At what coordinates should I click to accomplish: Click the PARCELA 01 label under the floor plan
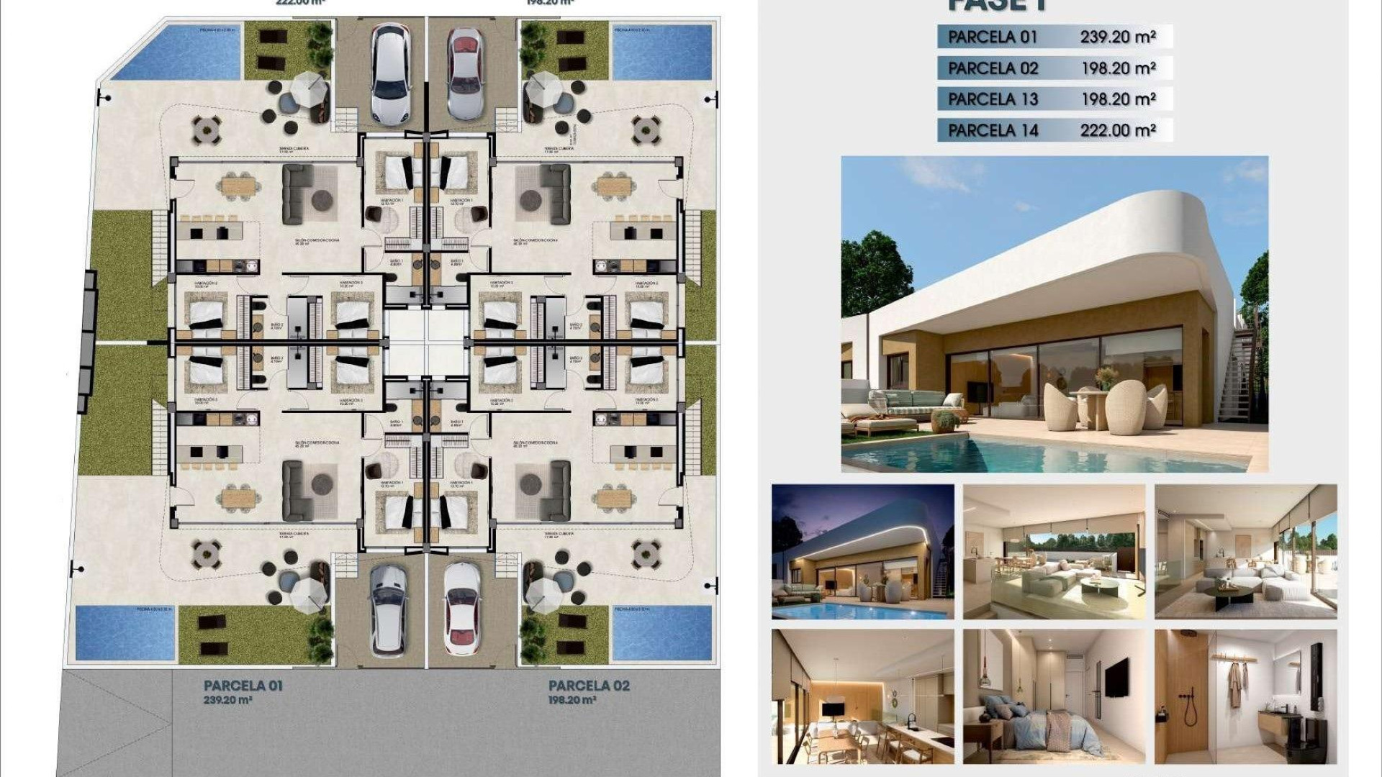coord(243,686)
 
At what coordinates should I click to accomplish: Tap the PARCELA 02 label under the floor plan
coord(589,686)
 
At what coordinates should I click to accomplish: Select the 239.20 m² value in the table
coord(1117,37)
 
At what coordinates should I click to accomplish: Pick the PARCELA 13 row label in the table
coord(993,99)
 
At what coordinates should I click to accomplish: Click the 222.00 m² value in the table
coord(1117,130)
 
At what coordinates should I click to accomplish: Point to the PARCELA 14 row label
coord(993,130)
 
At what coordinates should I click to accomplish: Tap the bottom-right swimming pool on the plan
coord(661,633)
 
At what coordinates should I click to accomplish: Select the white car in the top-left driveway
coord(391,74)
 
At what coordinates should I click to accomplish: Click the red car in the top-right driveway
coord(465,74)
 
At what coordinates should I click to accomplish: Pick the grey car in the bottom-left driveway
coord(389,609)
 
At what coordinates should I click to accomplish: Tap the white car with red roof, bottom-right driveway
coord(462,609)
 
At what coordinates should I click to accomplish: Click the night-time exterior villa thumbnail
coord(862,551)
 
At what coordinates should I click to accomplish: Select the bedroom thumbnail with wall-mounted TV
coord(1054,696)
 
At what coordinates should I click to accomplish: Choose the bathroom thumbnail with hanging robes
coord(1245,696)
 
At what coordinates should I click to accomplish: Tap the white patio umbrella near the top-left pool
coord(310,86)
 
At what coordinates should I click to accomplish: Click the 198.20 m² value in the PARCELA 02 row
coord(1118,68)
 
